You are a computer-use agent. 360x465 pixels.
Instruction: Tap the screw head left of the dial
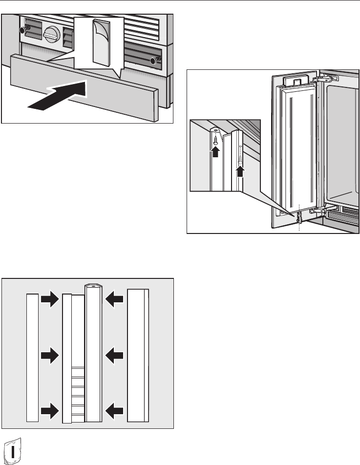21,30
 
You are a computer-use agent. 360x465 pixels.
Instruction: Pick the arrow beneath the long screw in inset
240,172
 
